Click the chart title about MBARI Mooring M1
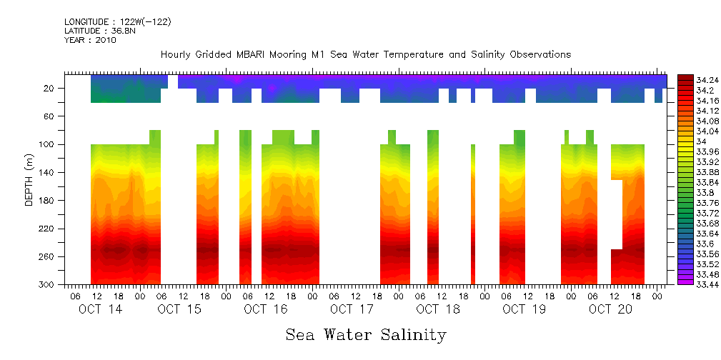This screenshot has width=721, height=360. (x=365, y=54)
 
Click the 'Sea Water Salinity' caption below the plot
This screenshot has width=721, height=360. (x=366, y=334)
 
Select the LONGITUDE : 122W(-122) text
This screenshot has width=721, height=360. (x=117, y=22)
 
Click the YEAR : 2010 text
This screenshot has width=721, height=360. (x=90, y=40)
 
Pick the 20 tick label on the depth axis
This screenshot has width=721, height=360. (x=49, y=89)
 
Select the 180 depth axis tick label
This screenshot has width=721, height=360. (x=47, y=201)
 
